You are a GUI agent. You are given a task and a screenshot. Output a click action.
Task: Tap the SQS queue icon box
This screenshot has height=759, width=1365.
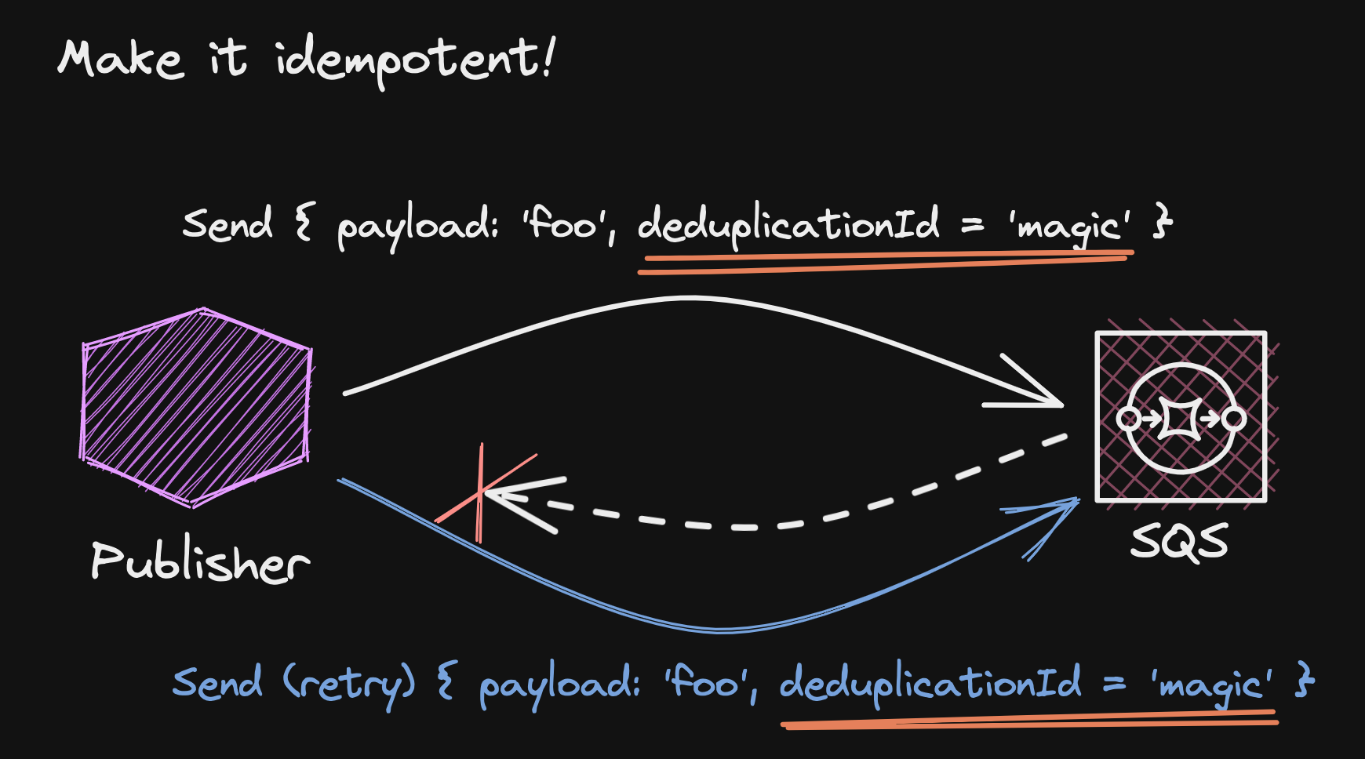pyautogui.click(x=1181, y=416)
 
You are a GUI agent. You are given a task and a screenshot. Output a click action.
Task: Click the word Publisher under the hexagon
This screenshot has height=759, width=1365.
pyautogui.click(x=200, y=562)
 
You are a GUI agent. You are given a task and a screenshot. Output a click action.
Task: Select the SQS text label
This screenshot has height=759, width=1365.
pyautogui.click(x=1179, y=542)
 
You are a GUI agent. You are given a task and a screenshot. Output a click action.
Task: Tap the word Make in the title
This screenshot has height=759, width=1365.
pyautogui.click(x=120, y=60)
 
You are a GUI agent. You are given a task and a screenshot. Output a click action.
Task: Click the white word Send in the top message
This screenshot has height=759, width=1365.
pyautogui.click(x=227, y=224)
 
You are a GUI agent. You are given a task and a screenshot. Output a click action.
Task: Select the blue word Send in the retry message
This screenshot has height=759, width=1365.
pyautogui.click(x=217, y=682)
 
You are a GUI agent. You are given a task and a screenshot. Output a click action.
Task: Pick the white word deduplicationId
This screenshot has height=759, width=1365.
pyautogui.click(x=788, y=225)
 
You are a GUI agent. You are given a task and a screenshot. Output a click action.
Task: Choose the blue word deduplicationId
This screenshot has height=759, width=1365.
pyautogui.click(x=930, y=683)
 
